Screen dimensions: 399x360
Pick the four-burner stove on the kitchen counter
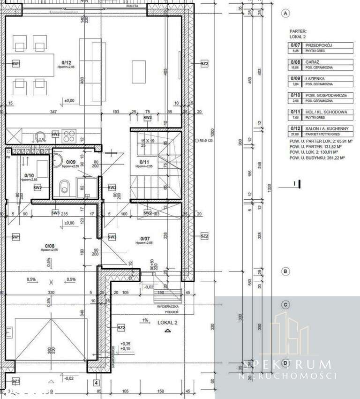[x=69, y=135]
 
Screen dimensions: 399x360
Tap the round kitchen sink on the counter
[x=40, y=136]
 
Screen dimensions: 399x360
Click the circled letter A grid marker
[x=285, y=14]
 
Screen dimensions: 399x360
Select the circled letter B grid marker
[x=285, y=271]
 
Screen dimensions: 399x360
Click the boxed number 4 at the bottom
[x=96, y=383]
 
